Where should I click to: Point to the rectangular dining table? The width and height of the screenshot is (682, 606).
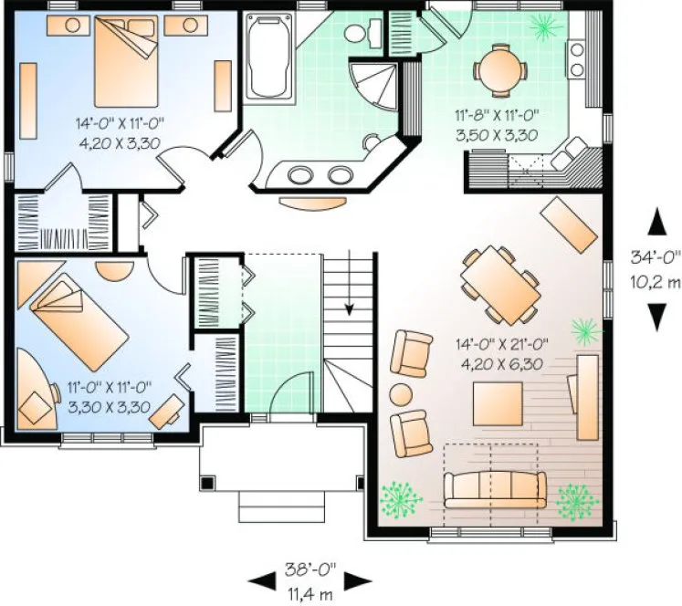click(x=498, y=284)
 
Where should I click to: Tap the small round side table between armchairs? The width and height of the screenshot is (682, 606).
click(x=402, y=395)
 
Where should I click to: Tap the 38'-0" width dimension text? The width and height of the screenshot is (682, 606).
click(x=310, y=568)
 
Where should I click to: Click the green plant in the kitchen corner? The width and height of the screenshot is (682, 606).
click(x=548, y=27)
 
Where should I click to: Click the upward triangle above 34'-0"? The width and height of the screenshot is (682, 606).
click(x=656, y=220)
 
